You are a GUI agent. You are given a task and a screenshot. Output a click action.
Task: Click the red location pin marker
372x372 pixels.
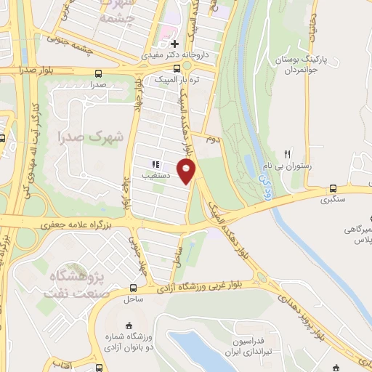point(187,171)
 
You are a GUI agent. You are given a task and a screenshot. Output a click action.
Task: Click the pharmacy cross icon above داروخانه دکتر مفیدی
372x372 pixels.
point(174,43)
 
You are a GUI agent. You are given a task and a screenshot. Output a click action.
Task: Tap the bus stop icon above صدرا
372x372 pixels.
point(99,73)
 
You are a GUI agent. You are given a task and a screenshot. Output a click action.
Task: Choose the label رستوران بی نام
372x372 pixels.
point(292,166)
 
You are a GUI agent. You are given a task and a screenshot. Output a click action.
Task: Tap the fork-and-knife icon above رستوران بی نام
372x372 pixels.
point(288,153)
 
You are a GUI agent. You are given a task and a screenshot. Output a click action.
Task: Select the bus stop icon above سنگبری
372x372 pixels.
point(333,187)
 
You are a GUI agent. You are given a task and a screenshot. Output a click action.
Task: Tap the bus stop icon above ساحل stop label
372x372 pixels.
point(133,288)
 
